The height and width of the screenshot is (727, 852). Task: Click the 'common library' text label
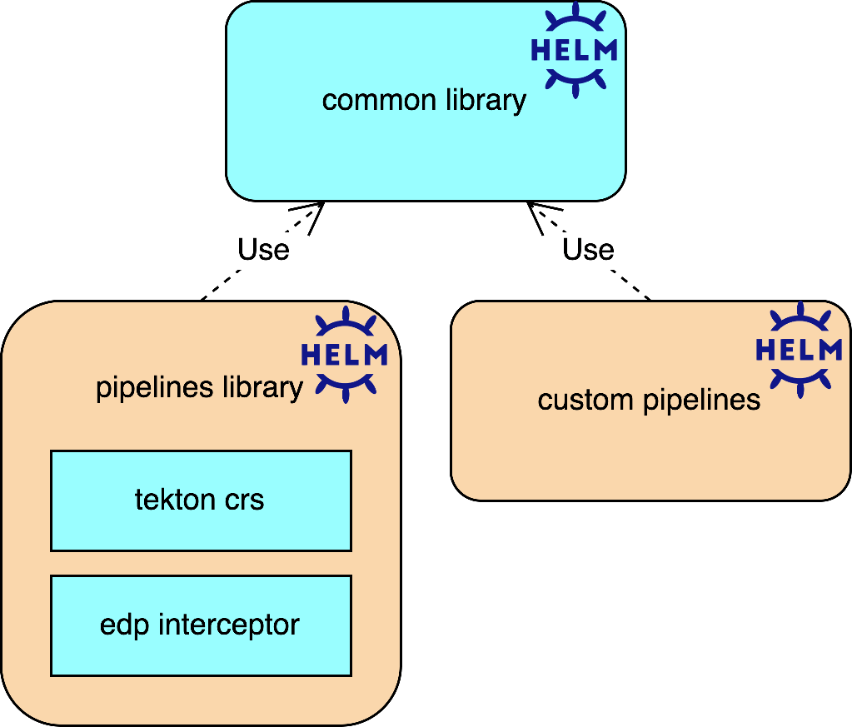424,101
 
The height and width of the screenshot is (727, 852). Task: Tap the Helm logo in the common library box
574,50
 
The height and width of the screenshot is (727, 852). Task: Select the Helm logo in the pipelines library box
344,355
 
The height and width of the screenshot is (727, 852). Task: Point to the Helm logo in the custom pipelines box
799,350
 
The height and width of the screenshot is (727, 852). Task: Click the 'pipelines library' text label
199,388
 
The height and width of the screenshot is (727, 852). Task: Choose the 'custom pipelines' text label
649,401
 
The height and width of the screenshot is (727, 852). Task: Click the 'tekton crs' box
201,500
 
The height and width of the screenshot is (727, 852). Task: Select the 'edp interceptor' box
201,625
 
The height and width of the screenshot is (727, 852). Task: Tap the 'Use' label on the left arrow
263,250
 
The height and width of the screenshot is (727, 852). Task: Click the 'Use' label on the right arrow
588,250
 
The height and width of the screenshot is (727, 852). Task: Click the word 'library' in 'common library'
484,101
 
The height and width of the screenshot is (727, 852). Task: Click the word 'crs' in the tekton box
245,500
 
